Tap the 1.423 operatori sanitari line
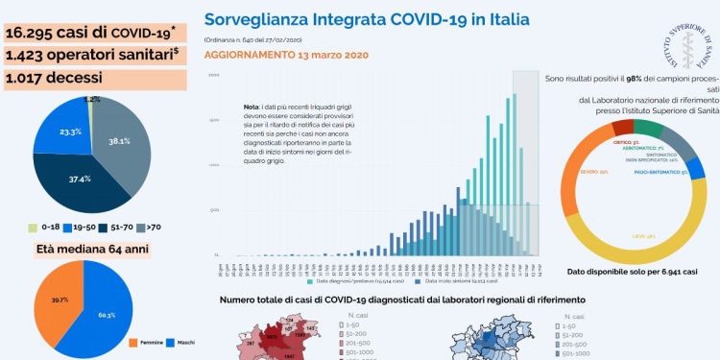click(93, 55)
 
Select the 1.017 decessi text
click(57, 78)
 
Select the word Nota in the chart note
click(252, 108)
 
